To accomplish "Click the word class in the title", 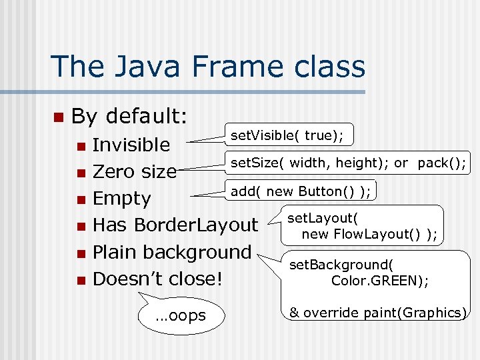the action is [x=333, y=67].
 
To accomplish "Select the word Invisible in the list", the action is [x=131, y=145].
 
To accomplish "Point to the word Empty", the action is [x=122, y=199].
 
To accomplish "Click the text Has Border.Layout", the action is [x=175, y=225].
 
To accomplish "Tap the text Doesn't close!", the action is [x=157, y=279].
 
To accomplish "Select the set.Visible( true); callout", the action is [x=287, y=136].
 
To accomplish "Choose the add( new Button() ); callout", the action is [x=301, y=192].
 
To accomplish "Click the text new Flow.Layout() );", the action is [x=369, y=234].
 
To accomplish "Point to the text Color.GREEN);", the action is [x=380, y=281].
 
